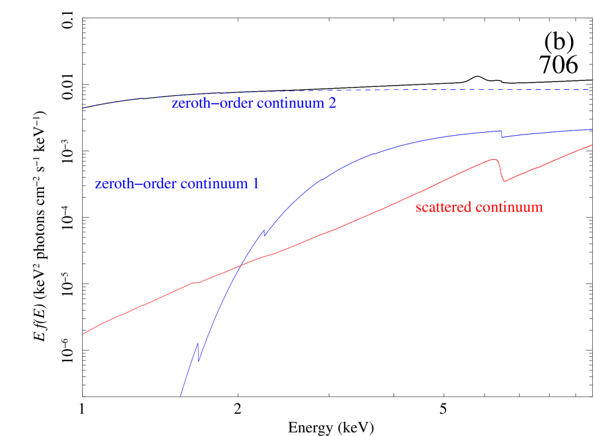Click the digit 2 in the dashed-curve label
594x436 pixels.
[x=332, y=103]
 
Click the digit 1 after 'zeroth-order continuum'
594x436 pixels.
[x=255, y=184]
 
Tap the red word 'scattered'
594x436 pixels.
[x=444, y=207]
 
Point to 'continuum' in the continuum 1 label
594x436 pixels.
[x=214, y=184]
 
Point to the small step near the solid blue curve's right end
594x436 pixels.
[x=501, y=134]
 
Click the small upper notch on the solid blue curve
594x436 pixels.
[x=264, y=232]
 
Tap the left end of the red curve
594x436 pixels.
[x=83, y=333]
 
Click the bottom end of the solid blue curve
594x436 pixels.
[x=180, y=396]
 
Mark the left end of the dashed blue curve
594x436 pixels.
[x=83, y=108]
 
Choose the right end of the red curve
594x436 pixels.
[x=592, y=145]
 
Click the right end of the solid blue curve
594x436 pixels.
[x=592, y=129]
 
